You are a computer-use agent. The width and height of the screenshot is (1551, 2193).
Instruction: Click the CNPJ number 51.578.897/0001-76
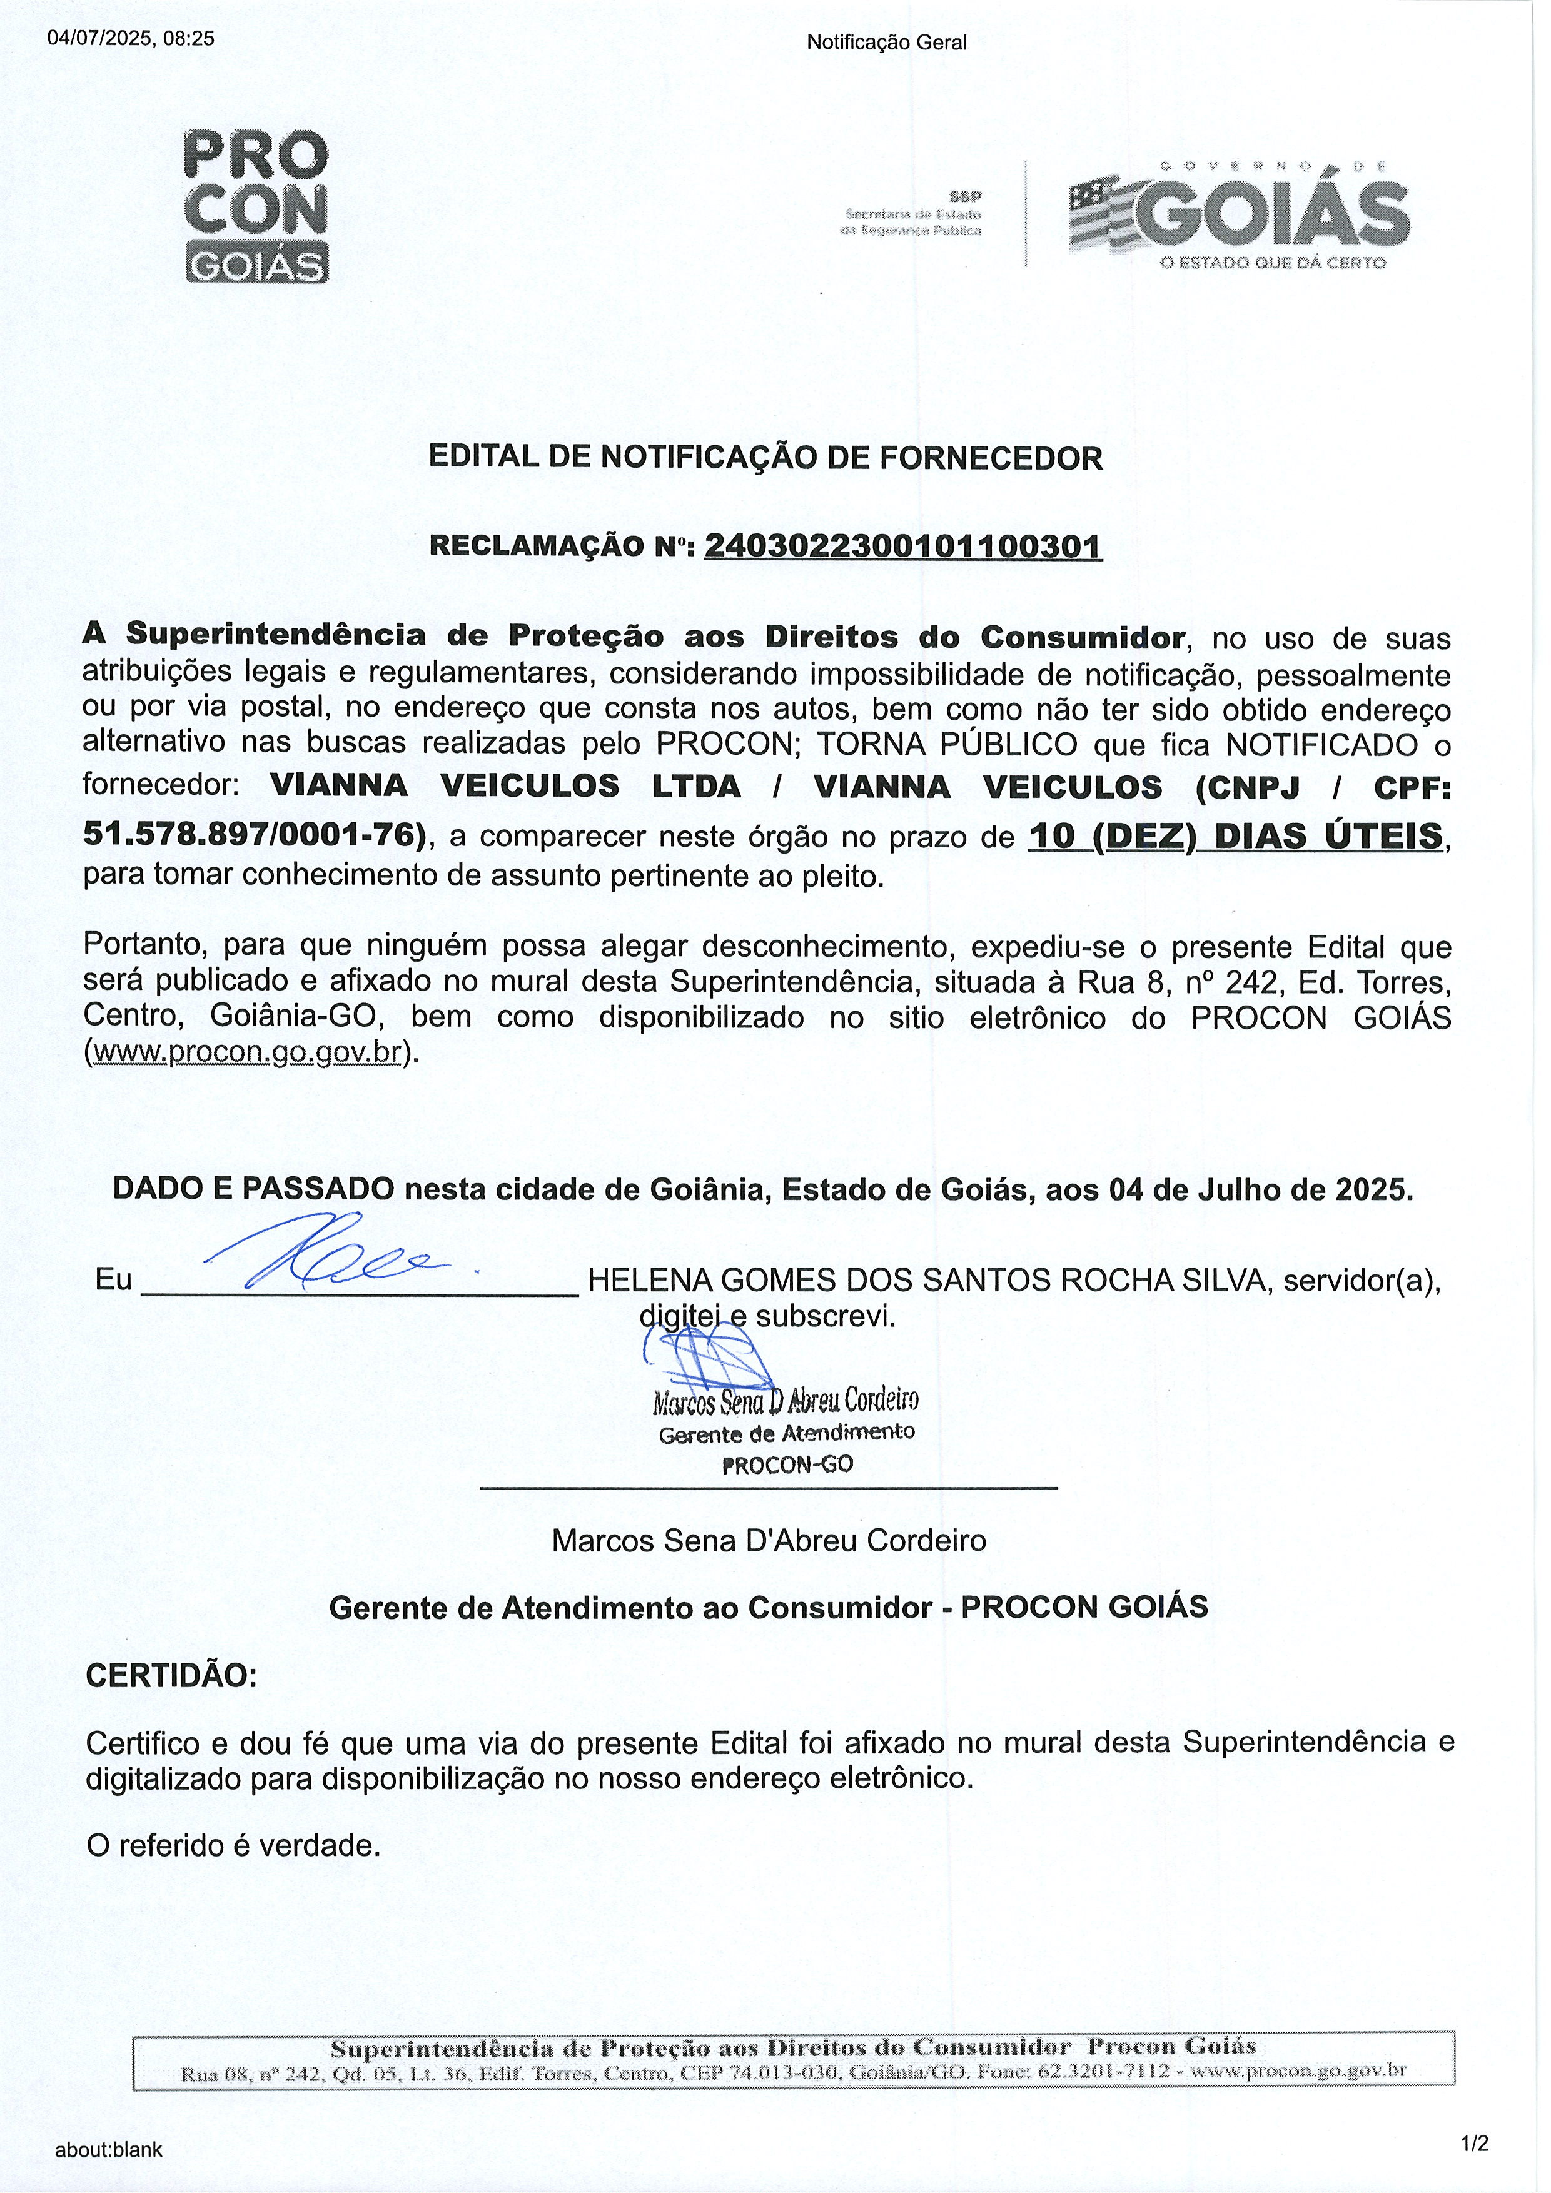click(x=254, y=835)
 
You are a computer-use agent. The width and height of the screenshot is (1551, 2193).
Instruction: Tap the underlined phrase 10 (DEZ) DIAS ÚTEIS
click(x=1236, y=836)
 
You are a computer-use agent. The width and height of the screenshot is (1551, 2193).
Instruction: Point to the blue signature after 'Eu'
click(x=316, y=1252)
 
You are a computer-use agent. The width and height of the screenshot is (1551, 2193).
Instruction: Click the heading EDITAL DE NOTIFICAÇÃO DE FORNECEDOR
click(x=765, y=458)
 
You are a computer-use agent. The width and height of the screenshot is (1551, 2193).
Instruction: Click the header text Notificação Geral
click(x=886, y=42)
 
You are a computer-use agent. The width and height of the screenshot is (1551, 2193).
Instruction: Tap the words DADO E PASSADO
click(x=253, y=1189)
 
